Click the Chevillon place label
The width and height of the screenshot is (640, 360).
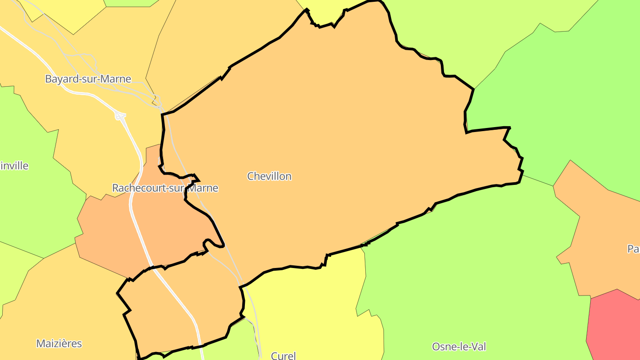click(x=269, y=176)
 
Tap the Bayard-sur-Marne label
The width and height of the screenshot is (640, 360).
click(x=88, y=79)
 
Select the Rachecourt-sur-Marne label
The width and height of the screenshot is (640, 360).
click(x=165, y=188)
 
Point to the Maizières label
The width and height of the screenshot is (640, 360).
click(x=59, y=344)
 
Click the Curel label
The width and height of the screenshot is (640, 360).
click(x=283, y=356)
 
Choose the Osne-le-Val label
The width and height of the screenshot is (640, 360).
click(x=459, y=347)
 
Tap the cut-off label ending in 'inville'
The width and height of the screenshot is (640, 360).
click(x=14, y=166)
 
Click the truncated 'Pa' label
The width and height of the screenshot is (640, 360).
click(x=633, y=249)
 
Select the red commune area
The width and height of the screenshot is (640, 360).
click(x=616, y=324)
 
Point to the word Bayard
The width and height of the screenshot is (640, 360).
click(x=60, y=79)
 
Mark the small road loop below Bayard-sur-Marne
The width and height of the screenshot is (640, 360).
click(x=120, y=116)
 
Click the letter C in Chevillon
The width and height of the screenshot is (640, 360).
click(x=250, y=176)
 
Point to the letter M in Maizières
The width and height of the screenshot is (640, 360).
click(x=40, y=344)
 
